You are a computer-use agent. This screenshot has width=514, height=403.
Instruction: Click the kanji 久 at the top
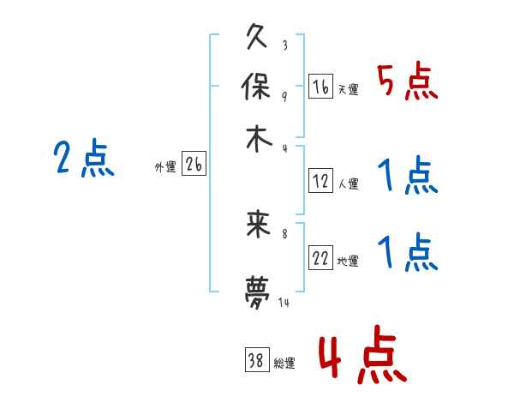tap(258, 39)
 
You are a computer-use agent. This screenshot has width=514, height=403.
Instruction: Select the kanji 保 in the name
tap(258, 87)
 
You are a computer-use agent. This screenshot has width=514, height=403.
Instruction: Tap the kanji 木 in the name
tap(258, 139)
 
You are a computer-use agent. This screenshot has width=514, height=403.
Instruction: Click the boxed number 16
tap(320, 87)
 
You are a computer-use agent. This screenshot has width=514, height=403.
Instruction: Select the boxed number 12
tap(320, 181)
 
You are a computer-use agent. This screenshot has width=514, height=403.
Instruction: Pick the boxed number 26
tap(194, 165)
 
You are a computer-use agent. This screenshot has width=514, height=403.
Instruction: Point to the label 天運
tap(348, 89)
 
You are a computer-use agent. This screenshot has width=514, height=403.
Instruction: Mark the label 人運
tap(348, 183)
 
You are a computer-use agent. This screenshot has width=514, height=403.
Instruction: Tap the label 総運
tap(284, 364)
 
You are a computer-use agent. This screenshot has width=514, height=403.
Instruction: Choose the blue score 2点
tap(83, 159)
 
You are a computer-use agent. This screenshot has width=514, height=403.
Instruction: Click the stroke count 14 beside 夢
tap(284, 303)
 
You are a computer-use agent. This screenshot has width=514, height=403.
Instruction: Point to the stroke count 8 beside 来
tap(284, 232)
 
